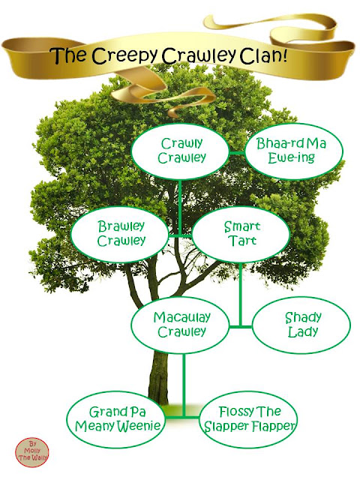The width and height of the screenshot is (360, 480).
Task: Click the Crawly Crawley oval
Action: [180, 151]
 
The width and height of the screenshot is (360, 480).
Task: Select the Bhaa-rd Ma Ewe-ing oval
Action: [294, 151]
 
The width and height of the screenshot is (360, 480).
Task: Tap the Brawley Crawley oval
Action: [120, 234]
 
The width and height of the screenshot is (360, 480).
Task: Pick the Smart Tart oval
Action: [241, 234]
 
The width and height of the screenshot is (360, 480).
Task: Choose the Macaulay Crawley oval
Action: [180, 325]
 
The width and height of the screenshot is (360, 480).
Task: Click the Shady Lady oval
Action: [301, 325]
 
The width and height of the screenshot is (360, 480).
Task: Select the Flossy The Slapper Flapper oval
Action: [248, 419]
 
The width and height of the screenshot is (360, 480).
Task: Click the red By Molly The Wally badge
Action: [31, 452]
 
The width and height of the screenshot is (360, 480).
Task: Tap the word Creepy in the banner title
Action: [124, 56]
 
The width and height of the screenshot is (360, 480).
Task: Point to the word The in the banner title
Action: [69, 55]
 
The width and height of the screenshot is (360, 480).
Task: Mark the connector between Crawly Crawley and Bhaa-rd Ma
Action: [237, 152]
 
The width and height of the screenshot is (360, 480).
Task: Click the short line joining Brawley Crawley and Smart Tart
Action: [181, 235]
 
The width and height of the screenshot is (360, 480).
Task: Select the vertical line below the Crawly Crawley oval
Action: [180, 208]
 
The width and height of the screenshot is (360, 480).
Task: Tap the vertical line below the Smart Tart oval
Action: [241, 295]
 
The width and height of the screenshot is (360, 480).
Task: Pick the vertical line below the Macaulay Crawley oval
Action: [184, 385]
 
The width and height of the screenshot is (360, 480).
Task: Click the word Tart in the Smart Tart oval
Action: [241, 241]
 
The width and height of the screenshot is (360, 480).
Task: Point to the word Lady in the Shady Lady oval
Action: [302, 331]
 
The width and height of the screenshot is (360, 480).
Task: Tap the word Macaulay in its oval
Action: [181, 317]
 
